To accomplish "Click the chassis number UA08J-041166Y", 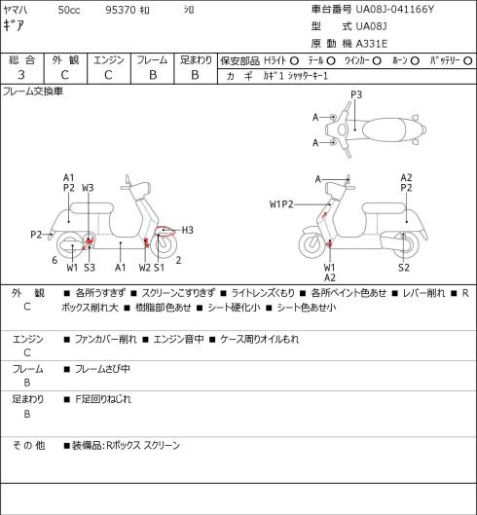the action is pyautogui.click(x=395, y=9).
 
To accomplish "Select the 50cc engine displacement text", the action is pyautogui.click(x=69, y=10).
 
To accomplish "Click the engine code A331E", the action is pyautogui.click(x=372, y=44).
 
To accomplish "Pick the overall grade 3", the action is pyautogui.click(x=21, y=75).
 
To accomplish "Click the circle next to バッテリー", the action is pyautogui.click(x=468, y=60).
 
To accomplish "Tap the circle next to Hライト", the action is pyautogui.click(x=294, y=60).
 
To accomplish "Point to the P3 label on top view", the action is pyautogui.click(x=356, y=94).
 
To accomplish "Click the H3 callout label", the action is pyautogui.click(x=187, y=230).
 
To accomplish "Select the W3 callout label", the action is pyautogui.click(x=88, y=188).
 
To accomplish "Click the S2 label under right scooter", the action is pyautogui.click(x=404, y=268).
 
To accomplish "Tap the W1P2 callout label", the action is pyautogui.click(x=281, y=204).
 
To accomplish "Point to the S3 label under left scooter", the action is pyautogui.click(x=90, y=268).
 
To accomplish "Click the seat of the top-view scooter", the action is pyautogui.click(x=383, y=129).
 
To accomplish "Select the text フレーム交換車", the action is pyautogui.click(x=33, y=92).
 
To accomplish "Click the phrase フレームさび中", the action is pyautogui.click(x=102, y=369).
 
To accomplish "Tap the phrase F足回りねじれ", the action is pyautogui.click(x=103, y=399).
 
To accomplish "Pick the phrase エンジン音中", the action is pyautogui.click(x=178, y=339).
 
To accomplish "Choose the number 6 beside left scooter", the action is pyautogui.click(x=55, y=260).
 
